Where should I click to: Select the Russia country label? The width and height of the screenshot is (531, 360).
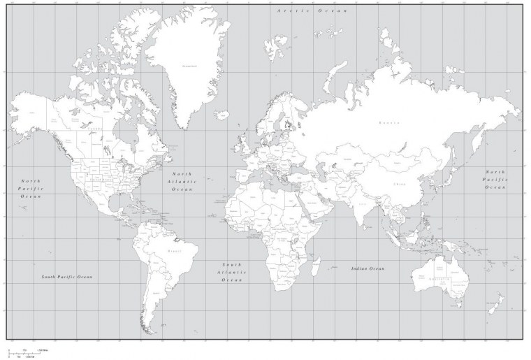[x=388, y=122]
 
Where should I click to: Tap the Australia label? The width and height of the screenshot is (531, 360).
[x=437, y=278]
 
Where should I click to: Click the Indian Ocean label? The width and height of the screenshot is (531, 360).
[x=368, y=268]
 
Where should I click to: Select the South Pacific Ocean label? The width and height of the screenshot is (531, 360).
[x=66, y=278]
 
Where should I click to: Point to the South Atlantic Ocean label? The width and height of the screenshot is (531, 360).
[x=231, y=272]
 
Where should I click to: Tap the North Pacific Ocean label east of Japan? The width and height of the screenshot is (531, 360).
[x=496, y=179]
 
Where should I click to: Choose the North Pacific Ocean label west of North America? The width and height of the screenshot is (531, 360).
[x=31, y=188]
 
